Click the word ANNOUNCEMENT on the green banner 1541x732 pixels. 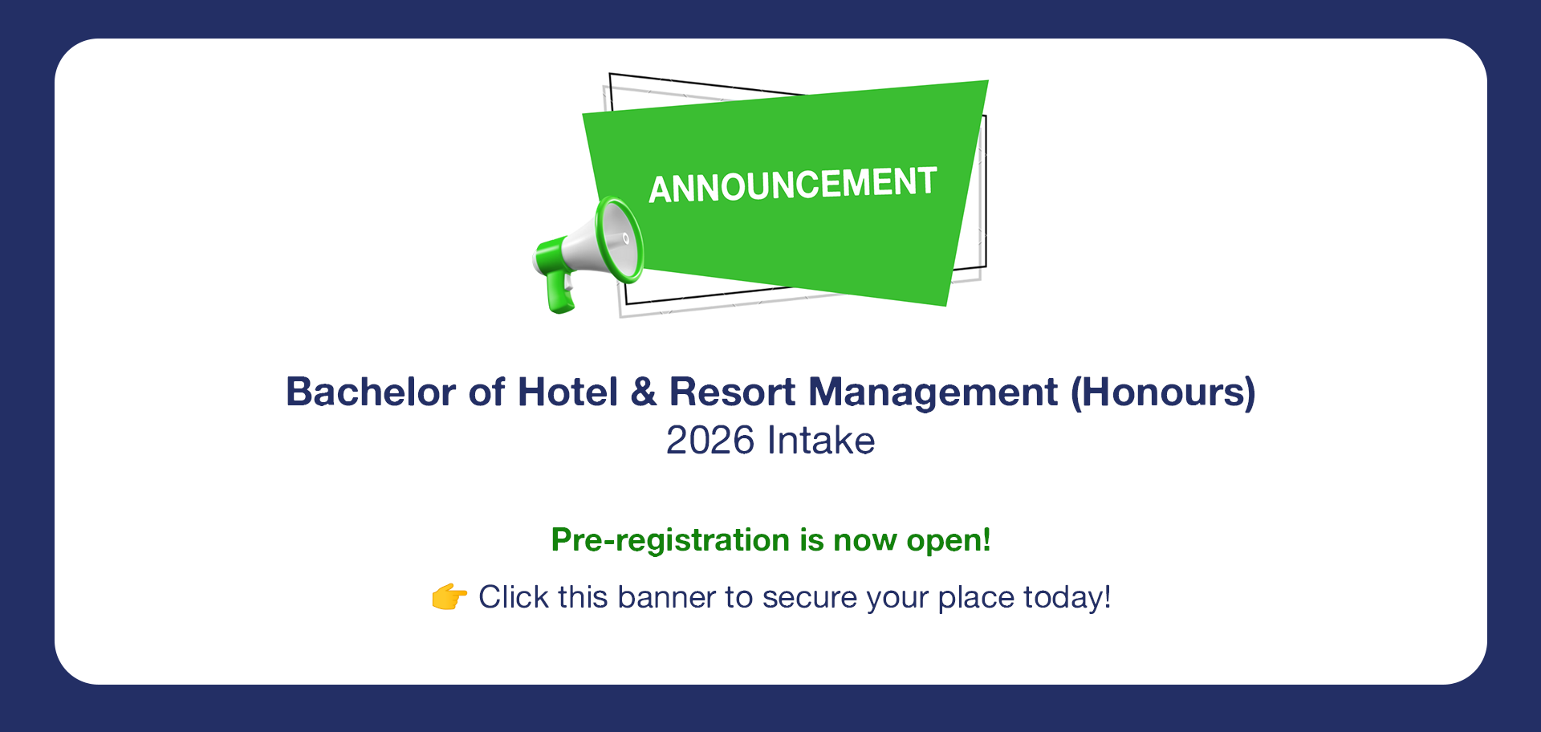(x=793, y=185)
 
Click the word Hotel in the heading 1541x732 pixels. (x=567, y=392)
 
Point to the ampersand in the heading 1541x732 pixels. (x=644, y=392)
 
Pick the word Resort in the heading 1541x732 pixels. (x=733, y=392)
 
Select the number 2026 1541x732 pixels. (x=710, y=441)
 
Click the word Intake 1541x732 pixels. (x=821, y=441)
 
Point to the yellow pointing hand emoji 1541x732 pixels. (x=449, y=597)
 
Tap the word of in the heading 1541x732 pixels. (x=487, y=392)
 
